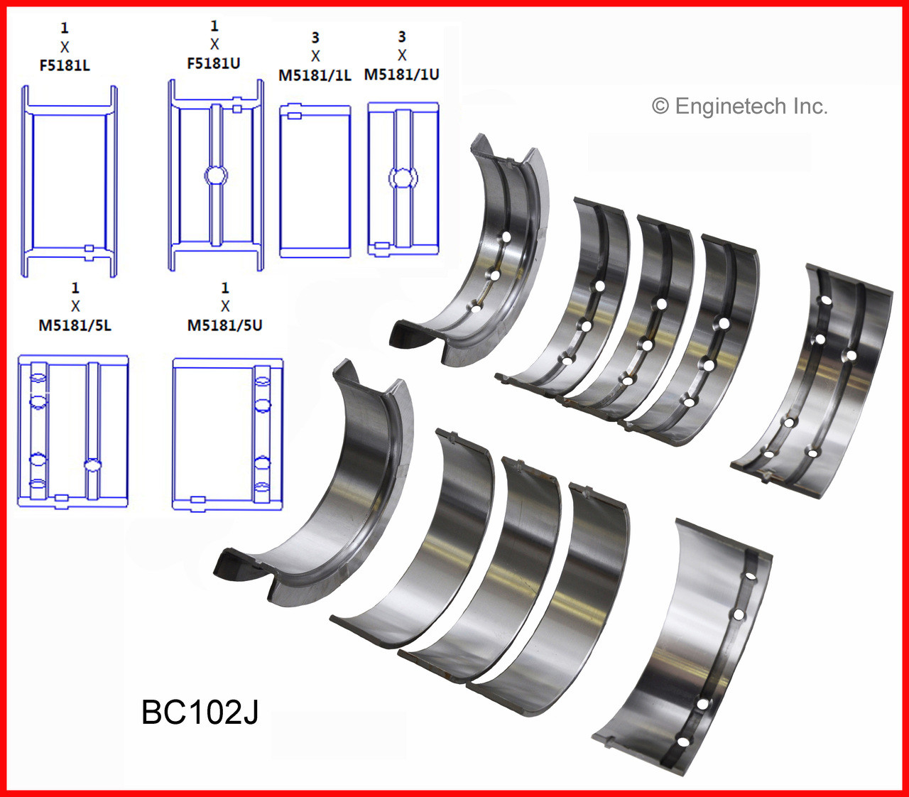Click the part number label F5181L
click(x=65, y=65)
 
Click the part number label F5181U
click(x=214, y=63)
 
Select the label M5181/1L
click(x=315, y=75)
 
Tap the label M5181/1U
click(x=402, y=74)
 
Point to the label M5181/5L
click(x=75, y=325)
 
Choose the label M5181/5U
click(x=224, y=325)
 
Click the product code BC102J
click(x=200, y=712)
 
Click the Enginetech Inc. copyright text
click(x=740, y=107)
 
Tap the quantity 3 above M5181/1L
click(x=315, y=38)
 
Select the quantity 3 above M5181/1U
click(x=402, y=37)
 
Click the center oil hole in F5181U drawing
click(x=216, y=175)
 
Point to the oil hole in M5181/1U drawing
click(x=403, y=177)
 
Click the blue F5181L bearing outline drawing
click(x=69, y=181)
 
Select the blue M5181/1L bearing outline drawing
click(x=315, y=181)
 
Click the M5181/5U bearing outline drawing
click(x=227, y=434)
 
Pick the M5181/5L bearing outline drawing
click(x=73, y=431)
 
